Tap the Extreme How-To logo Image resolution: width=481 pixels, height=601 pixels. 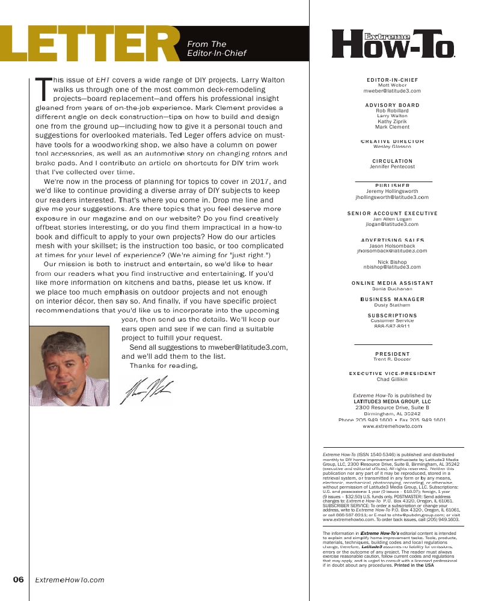click(393, 44)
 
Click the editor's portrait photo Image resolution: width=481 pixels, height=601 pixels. click(69, 365)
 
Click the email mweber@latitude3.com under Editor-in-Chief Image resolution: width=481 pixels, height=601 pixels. click(393, 91)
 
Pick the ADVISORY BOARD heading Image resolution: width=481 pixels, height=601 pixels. click(393, 105)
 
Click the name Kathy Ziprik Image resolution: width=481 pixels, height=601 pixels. click(393, 121)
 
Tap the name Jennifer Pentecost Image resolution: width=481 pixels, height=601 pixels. click(393, 166)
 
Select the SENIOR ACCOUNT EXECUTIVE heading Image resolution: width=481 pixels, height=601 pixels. click(393, 213)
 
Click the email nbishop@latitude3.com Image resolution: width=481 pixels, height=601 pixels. click(393, 267)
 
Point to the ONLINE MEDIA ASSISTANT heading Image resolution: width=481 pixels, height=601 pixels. click(393, 283)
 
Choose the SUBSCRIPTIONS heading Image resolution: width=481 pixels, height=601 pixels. click(393, 316)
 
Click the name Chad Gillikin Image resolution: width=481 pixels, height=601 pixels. click(393, 379)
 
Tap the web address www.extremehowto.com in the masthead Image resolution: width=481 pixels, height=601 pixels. click(393, 426)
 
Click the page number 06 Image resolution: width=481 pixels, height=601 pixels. click(18, 580)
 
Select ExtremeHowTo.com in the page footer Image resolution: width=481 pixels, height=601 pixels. click(70, 580)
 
